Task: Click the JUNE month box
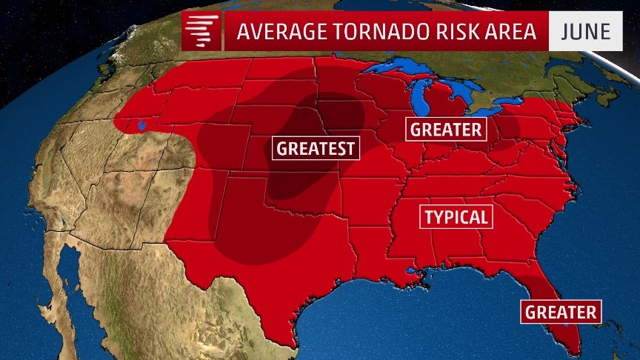[x=584, y=33]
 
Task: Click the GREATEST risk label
[x=316, y=148]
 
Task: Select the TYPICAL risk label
[x=456, y=217]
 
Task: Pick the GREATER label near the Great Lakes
[x=446, y=130]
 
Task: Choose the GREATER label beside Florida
[x=561, y=312]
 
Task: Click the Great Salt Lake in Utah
[x=139, y=125]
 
